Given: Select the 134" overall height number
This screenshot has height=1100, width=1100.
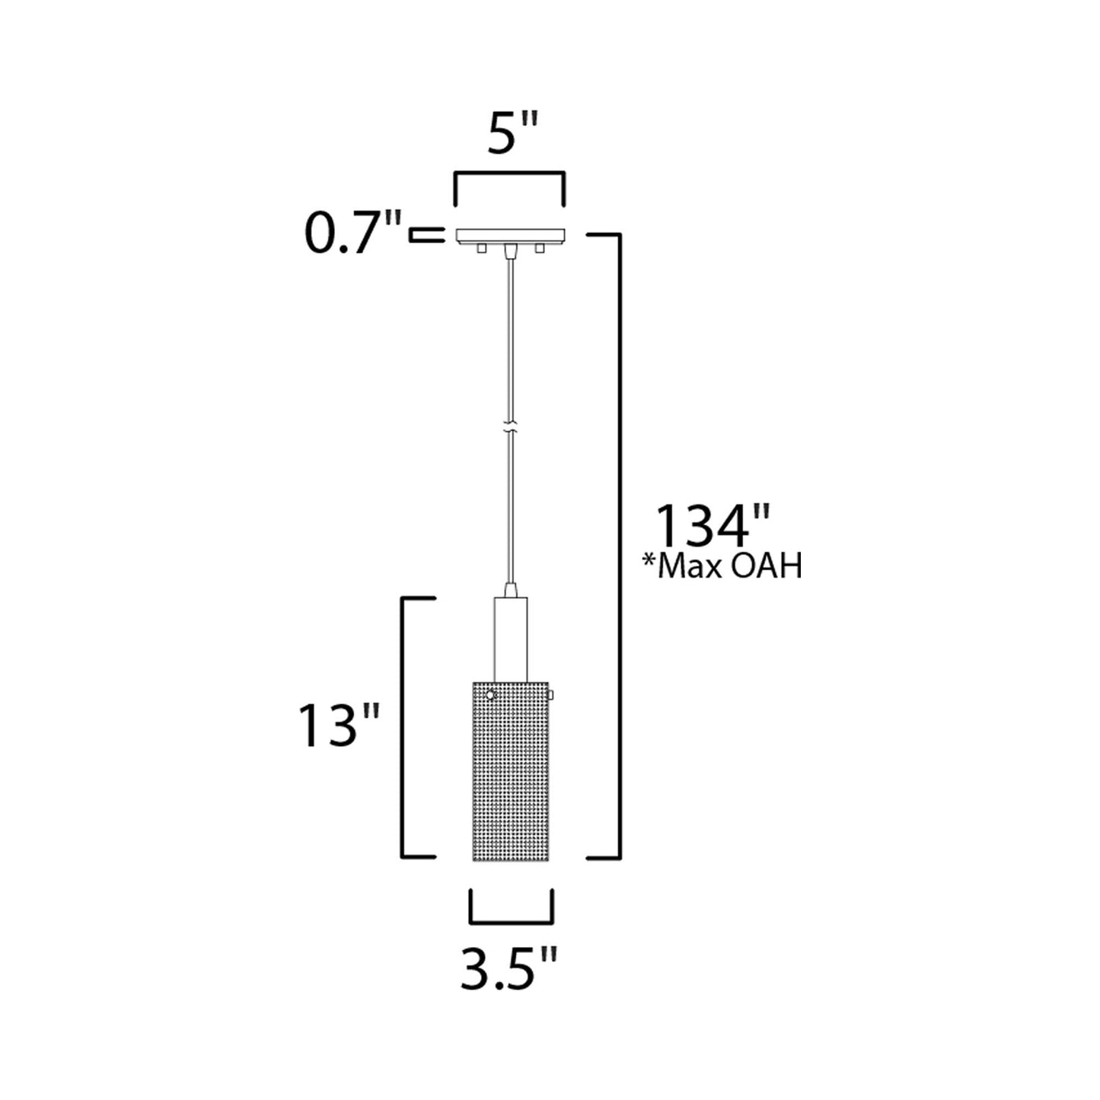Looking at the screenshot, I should [713, 525].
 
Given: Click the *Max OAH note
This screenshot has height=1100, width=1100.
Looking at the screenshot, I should [722, 567].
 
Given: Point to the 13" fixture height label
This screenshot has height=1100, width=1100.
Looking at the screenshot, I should [339, 725].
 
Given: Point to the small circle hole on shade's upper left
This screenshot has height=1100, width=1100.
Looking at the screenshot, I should [490, 694].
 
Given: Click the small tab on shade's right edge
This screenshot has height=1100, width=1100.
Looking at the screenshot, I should [551, 694].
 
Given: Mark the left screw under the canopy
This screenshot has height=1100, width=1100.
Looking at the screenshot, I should [480, 249].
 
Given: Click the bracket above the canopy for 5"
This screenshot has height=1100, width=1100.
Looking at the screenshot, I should [509, 177].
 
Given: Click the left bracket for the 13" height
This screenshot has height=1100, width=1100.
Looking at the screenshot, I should [404, 727].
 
